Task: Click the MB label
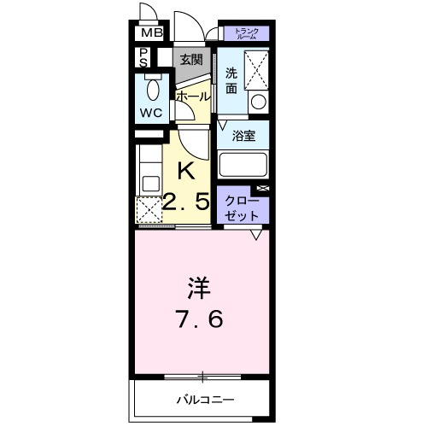150,33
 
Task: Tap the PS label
144,58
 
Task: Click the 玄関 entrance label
191,59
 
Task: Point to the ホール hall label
192,97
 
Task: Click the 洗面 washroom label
231,79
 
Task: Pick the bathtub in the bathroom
243,163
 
